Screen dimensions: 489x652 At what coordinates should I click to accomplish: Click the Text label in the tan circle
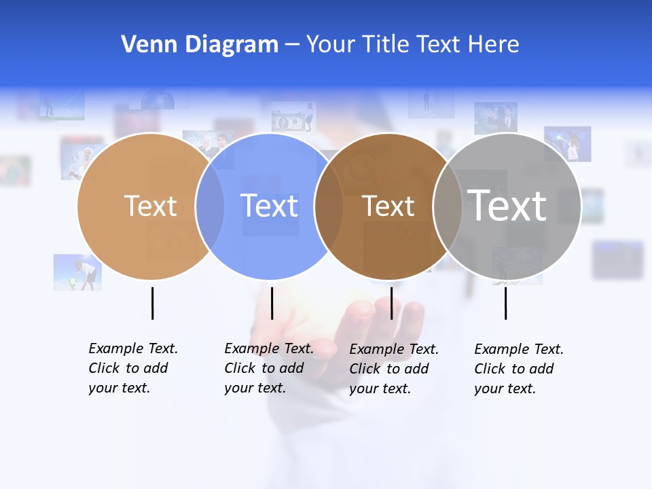coord(150,206)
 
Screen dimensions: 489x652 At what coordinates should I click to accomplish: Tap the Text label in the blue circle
coord(269,206)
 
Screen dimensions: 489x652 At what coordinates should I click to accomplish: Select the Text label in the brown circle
coord(388,206)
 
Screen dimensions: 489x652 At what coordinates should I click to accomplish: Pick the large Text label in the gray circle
coord(507,206)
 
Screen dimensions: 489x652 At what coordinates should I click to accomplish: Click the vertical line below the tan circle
coord(152,303)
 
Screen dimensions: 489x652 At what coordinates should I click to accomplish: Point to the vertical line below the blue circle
coord(272,303)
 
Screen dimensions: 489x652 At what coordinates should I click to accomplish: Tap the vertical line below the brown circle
coord(391,303)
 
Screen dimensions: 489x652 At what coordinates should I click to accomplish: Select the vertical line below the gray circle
coord(505,303)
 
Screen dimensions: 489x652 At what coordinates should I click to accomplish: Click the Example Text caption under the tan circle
coord(132,368)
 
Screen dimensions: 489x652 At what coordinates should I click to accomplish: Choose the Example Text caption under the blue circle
coord(268,368)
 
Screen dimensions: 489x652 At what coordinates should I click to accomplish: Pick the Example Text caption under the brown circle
coord(393,369)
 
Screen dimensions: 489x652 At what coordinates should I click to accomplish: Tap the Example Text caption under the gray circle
coord(518,369)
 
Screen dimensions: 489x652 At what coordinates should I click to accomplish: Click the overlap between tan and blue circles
coord(210,206)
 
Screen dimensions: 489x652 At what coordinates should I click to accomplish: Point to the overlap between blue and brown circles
coord(329,206)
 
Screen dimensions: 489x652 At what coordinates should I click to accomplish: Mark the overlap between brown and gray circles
coord(448,206)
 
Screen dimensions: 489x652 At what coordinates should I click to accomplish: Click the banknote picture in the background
coord(293,117)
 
